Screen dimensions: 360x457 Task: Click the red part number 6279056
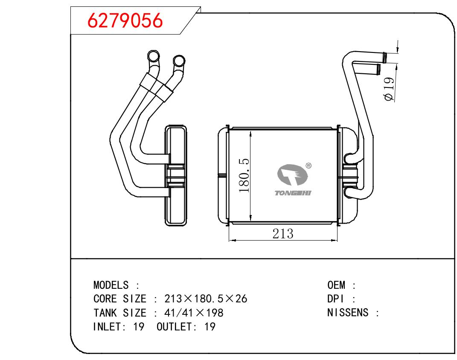click(x=125, y=20)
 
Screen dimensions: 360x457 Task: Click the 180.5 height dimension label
click(x=244, y=176)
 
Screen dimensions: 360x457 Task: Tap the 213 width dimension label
click(x=283, y=234)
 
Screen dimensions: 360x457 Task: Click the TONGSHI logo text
click(x=294, y=193)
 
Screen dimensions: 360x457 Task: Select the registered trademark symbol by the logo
click(x=309, y=165)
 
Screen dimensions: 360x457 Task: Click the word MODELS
click(x=111, y=285)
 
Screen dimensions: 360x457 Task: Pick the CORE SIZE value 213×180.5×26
click(x=206, y=299)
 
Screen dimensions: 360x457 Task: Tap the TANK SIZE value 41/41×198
click(x=194, y=313)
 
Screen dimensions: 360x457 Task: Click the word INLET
click(x=108, y=327)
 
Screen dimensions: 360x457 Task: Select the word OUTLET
click(x=174, y=327)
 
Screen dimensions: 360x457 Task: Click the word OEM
click(x=336, y=285)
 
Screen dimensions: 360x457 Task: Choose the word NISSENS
click(x=348, y=313)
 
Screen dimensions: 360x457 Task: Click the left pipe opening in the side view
click(x=153, y=56)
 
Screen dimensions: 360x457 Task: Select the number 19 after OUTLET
click(x=210, y=327)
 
